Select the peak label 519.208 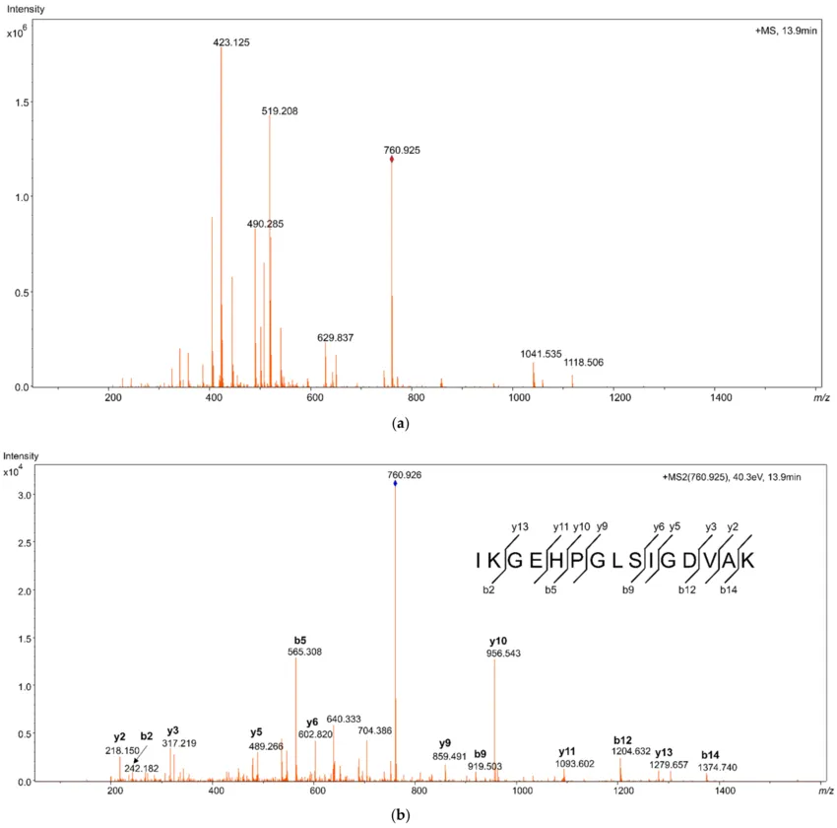tap(280, 111)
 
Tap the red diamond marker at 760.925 tap(392, 159)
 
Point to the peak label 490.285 tap(265, 224)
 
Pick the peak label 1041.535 tap(541, 353)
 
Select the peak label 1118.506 tap(584, 362)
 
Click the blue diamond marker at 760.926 tap(395, 483)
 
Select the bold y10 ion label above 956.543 tap(498, 641)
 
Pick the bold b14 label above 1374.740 tap(710, 755)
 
